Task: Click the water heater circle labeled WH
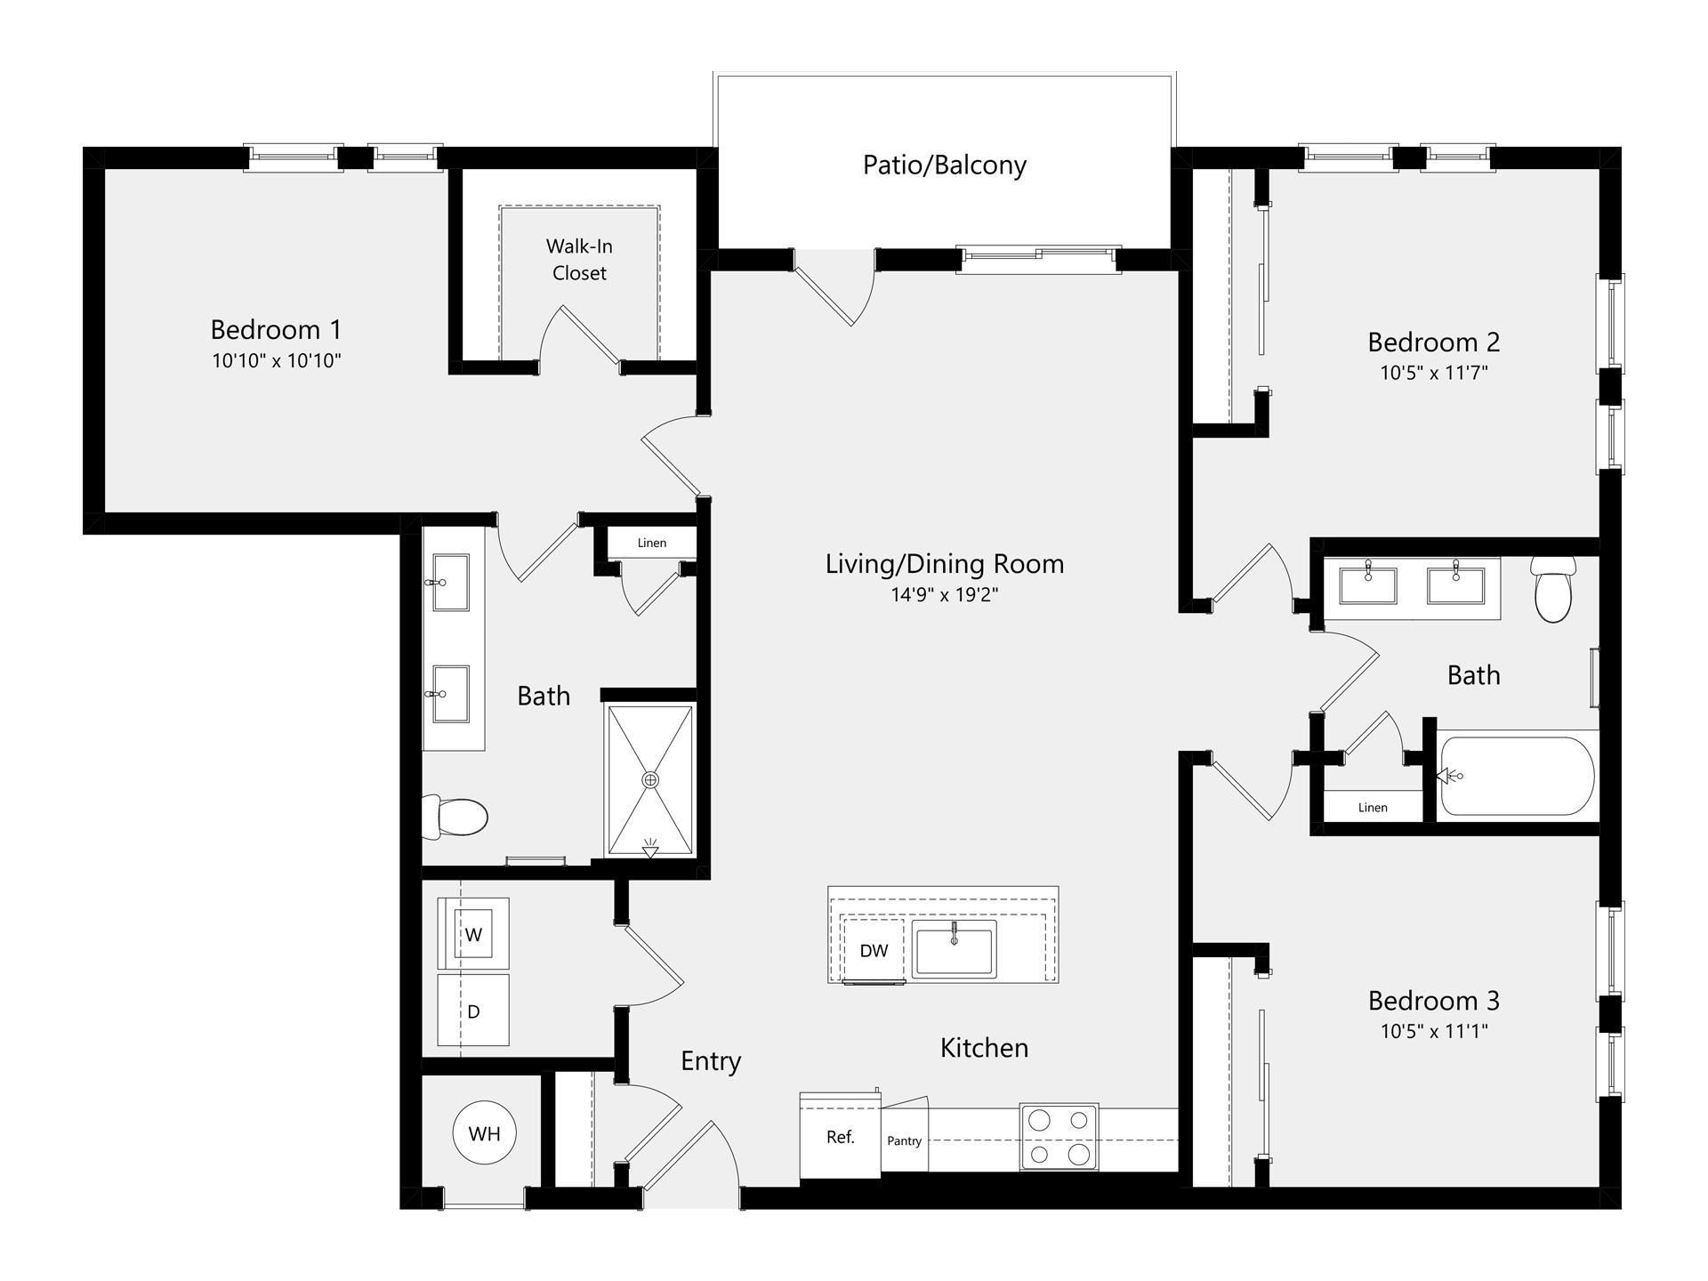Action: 484,1133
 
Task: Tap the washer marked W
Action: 473,933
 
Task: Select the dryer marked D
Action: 473,1011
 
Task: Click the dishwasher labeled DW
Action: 874,950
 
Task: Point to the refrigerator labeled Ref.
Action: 840,1136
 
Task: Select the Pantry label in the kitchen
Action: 904,1141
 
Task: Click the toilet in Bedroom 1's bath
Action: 455,816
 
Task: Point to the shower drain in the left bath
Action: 650,780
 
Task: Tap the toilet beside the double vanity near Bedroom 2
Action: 1553,589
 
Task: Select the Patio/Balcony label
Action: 945,165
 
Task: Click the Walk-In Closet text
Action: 579,260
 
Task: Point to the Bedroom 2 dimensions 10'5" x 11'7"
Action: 1434,373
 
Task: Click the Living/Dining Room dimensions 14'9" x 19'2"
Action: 945,595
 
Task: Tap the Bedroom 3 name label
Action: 1434,1001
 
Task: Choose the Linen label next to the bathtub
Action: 1373,808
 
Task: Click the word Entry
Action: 711,1061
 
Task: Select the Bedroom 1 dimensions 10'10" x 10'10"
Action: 277,361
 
